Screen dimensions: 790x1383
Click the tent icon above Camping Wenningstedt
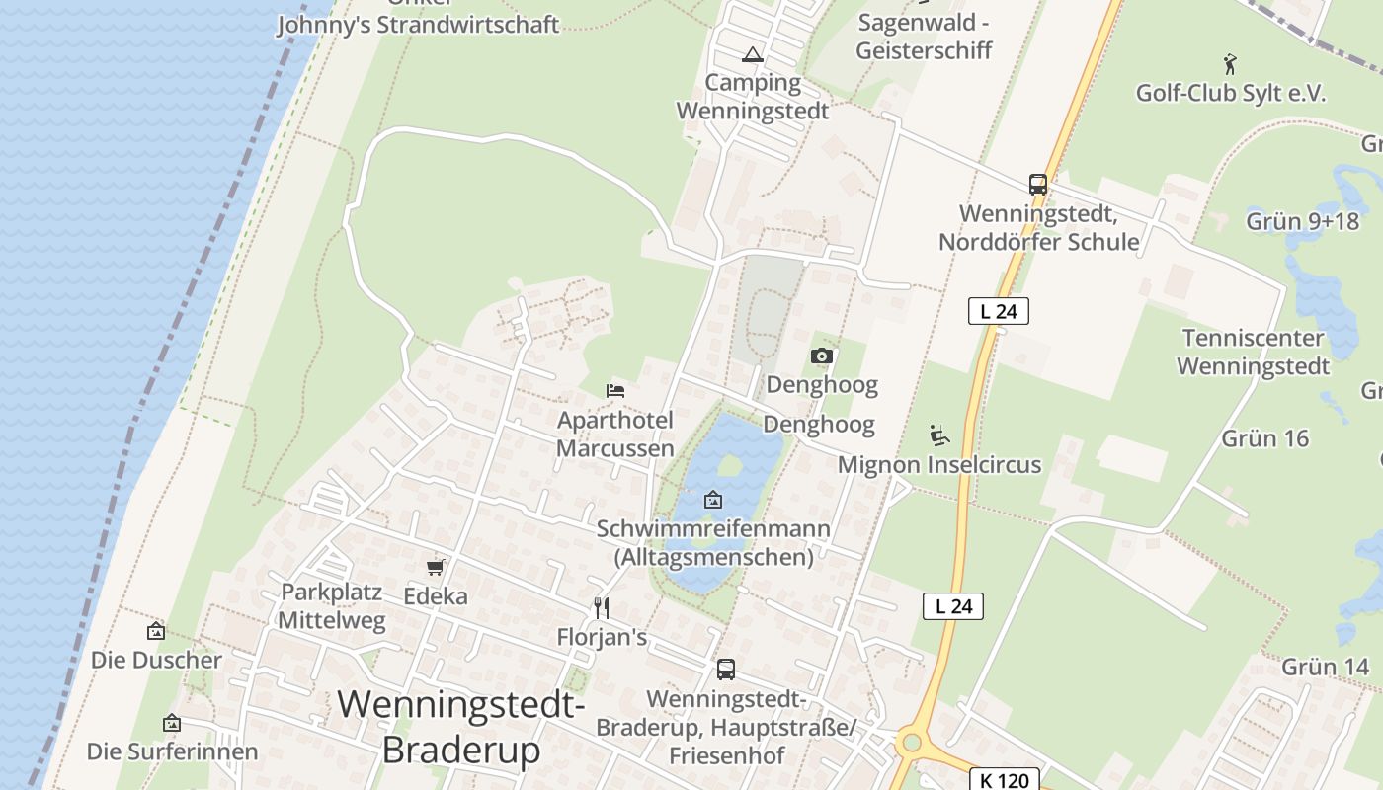(753, 55)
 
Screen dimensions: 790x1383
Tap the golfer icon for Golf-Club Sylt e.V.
(1230, 65)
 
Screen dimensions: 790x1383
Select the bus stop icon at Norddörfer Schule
(1037, 185)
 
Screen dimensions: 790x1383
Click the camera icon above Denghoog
(821, 355)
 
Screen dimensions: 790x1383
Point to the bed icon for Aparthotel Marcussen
(615, 391)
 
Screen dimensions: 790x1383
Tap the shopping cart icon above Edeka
(435, 567)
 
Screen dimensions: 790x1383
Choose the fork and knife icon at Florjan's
(601, 607)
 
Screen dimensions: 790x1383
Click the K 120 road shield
(1005, 780)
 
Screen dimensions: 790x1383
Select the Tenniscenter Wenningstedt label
(1253, 353)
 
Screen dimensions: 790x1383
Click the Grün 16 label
(1264, 437)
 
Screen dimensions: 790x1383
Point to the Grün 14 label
(1325, 667)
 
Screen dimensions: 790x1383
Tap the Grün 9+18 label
(1302, 220)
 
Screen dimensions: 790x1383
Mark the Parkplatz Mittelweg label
(332, 605)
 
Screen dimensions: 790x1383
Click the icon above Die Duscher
(156, 631)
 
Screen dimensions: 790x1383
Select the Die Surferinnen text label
(172, 751)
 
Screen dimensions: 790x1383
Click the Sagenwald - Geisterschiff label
(924, 37)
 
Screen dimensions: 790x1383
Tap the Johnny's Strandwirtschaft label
(417, 24)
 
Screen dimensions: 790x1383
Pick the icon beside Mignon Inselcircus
(938, 434)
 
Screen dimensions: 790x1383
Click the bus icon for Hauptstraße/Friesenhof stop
(725, 670)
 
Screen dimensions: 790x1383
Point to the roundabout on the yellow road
(911, 742)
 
